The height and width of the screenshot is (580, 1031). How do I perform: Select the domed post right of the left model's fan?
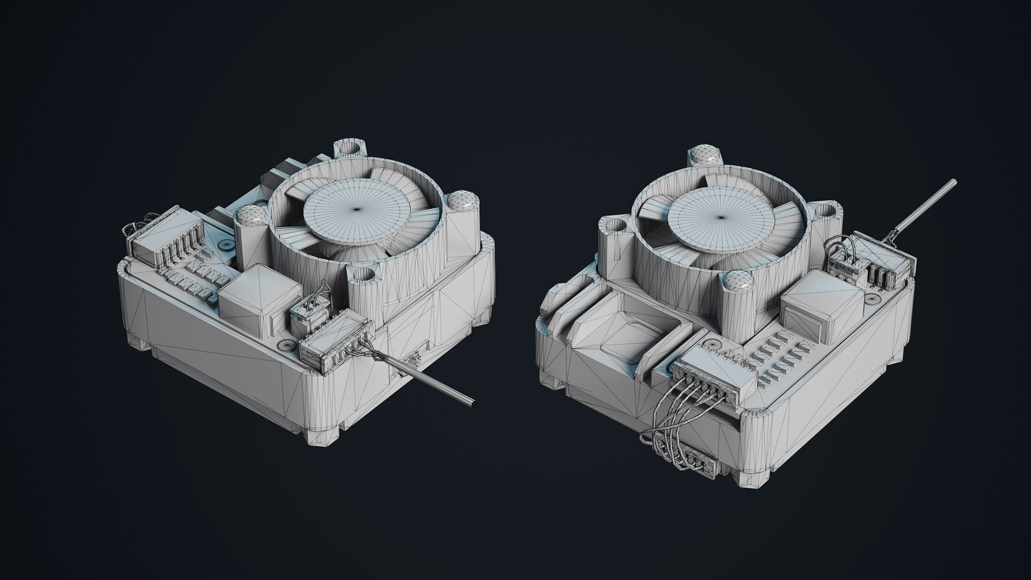pos(462,202)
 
